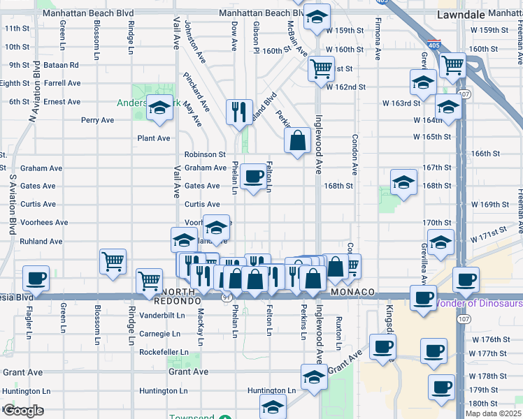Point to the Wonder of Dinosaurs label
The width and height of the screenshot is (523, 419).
(480, 304)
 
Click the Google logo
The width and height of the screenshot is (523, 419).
(22, 411)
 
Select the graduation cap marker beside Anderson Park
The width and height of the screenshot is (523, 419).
(159, 110)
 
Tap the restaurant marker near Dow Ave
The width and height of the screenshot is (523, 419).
(239, 110)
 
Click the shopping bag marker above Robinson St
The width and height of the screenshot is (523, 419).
(297, 139)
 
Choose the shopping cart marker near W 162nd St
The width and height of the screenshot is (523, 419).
(322, 69)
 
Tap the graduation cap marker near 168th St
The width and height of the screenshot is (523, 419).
(403, 182)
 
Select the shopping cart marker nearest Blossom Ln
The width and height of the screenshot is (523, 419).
(113, 261)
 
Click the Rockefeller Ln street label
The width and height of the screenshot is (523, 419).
(164, 353)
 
